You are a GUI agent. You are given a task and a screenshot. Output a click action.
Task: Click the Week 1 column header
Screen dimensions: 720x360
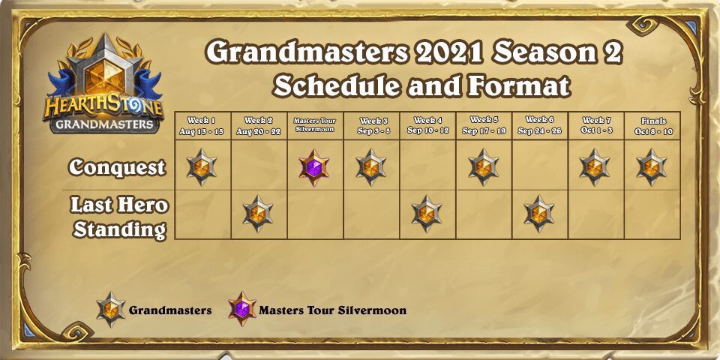pyautogui.click(x=202, y=126)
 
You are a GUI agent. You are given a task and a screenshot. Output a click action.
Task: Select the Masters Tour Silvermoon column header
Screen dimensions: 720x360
pyautogui.click(x=314, y=125)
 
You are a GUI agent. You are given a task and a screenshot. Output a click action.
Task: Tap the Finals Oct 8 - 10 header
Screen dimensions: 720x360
pyautogui.click(x=652, y=126)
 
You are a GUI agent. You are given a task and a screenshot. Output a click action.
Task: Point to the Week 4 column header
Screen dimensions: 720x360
pyautogui.click(x=427, y=126)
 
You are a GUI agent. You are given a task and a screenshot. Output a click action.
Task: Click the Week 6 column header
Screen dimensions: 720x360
pyautogui.click(x=540, y=125)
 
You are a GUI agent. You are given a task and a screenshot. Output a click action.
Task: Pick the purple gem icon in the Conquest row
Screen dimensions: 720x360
pyautogui.click(x=314, y=167)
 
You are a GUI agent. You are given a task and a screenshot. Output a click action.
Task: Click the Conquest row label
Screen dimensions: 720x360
pyautogui.click(x=117, y=167)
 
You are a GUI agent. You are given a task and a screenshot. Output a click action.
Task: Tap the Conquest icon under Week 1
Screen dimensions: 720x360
pyautogui.click(x=202, y=167)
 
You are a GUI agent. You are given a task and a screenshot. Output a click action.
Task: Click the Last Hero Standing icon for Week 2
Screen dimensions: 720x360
pyautogui.click(x=258, y=214)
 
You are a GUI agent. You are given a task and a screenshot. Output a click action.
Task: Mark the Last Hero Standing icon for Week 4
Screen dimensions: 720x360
pyautogui.click(x=427, y=214)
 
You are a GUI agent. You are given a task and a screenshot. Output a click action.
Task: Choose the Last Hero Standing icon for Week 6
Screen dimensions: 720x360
pyautogui.click(x=539, y=214)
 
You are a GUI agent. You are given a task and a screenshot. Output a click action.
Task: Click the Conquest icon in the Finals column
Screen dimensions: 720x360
pyautogui.click(x=652, y=167)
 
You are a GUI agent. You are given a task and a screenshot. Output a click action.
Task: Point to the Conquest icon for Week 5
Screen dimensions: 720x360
pyautogui.click(x=484, y=167)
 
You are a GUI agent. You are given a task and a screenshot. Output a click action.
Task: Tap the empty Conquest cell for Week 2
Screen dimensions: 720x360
pyautogui.click(x=259, y=165)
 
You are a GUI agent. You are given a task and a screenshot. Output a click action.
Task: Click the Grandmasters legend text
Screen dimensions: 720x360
pyautogui.click(x=170, y=310)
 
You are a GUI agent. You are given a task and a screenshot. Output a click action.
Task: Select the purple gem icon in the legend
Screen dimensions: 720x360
pyautogui.click(x=242, y=309)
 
